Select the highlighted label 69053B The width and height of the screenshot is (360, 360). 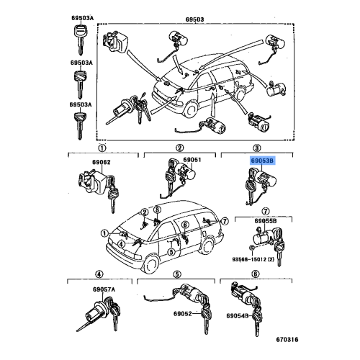(261, 162)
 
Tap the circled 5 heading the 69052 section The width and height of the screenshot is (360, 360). (177, 274)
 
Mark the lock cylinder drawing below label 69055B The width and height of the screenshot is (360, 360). (266, 239)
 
